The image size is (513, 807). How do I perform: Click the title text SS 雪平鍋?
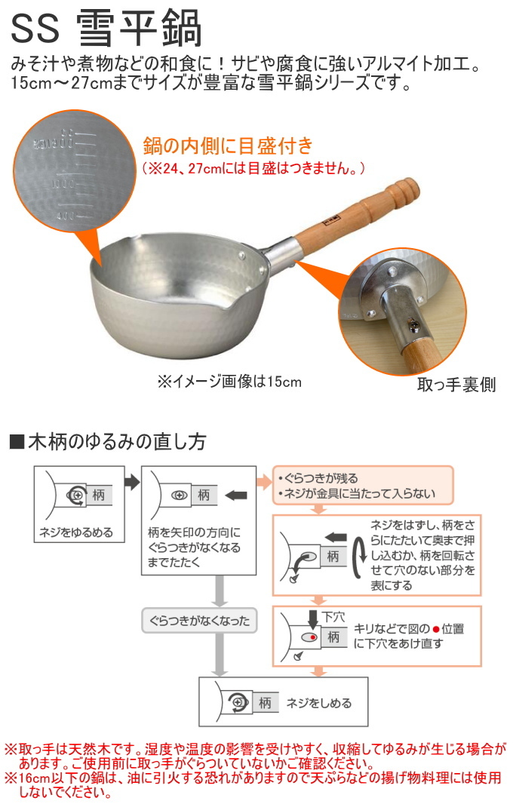click(x=106, y=29)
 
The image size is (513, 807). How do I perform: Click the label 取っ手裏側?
click(x=456, y=385)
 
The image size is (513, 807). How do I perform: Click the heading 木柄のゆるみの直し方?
click(x=116, y=441)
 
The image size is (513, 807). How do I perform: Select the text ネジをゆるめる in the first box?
click(x=75, y=532)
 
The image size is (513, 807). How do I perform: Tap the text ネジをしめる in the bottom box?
click(x=318, y=703)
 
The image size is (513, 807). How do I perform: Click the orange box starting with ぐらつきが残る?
click(x=362, y=486)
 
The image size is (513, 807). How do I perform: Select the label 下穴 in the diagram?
click(x=333, y=616)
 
